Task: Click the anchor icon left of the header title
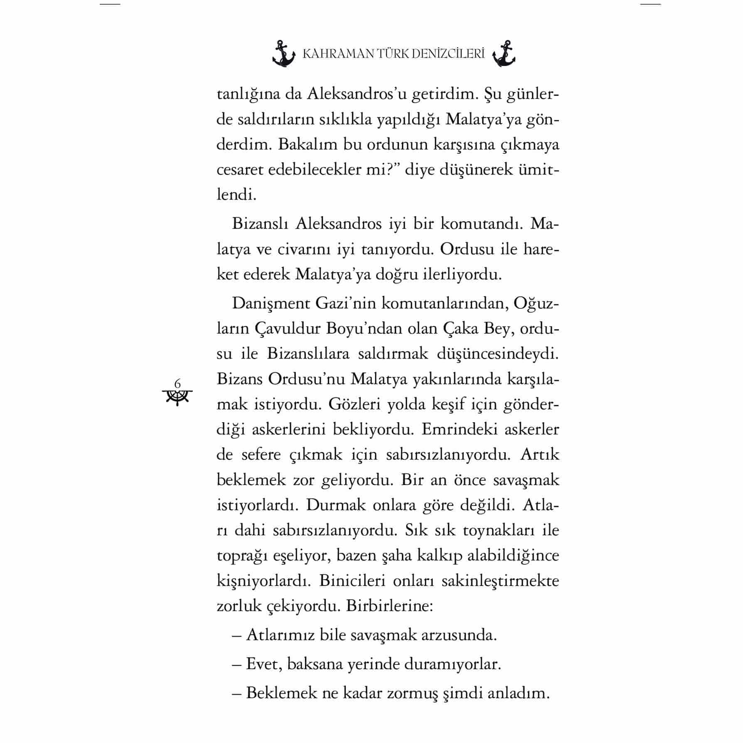click(283, 54)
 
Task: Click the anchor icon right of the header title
click(504, 54)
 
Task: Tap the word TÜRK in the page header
click(397, 54)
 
